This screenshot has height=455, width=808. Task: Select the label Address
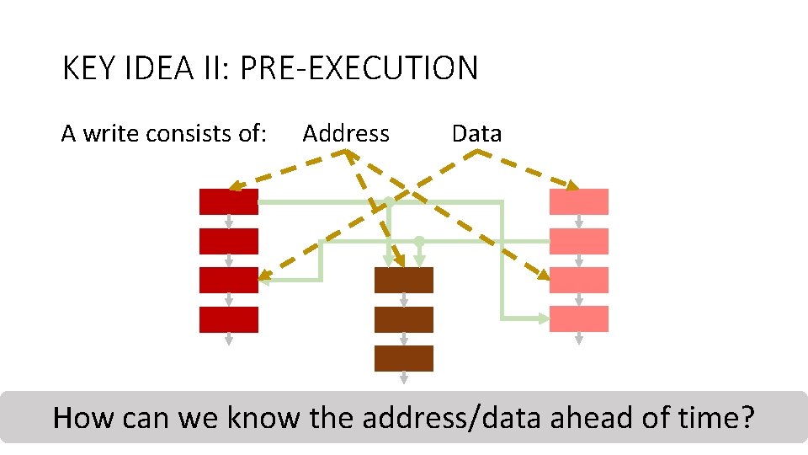tap(346, 133)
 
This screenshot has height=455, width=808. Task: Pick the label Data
tap(476, 133)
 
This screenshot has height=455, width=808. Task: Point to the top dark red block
tap(228, 201)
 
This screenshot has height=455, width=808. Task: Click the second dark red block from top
tap(228, 241)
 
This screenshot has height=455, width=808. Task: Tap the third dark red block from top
tap(228, 280)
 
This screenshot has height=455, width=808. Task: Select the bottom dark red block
tap(228, 319)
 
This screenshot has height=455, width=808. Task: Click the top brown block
tap(404, 280)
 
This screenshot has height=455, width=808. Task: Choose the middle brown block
tap(404, 319)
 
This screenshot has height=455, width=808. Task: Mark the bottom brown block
tap(404, 358)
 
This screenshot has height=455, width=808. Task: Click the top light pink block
tap(578, 201)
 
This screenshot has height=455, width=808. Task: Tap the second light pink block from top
tap(578, 241)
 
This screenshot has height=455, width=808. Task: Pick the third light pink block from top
tap(578, 280)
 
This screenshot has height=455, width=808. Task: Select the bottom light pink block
tap(578, 319)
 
